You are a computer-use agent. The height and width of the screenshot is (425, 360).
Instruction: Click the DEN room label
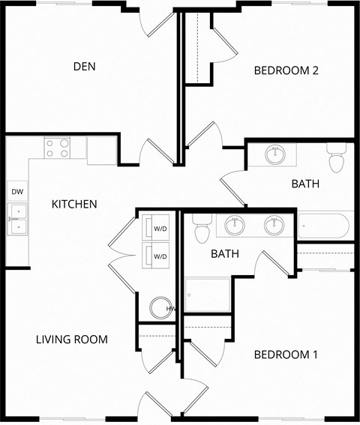coord(84,67)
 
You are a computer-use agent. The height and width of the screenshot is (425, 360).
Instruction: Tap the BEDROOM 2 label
coord(286,71)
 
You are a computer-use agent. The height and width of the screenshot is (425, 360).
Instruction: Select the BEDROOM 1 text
coord(286,355)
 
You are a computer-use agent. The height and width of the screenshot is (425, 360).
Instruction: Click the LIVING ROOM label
coord(71,340)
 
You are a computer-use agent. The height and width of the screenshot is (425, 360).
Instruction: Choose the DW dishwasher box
coord(17,193)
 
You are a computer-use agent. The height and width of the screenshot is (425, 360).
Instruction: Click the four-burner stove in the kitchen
coord(57,148)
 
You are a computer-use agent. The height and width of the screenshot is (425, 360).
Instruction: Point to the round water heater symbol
coord(160,308)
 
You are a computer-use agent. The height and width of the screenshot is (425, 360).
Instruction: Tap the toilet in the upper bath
coord(336,160)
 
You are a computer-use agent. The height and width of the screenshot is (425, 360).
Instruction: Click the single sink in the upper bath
coord(275,155)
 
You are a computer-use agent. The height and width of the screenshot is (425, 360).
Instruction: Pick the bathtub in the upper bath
coord(324,225)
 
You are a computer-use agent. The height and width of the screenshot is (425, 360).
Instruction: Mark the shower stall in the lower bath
coord(208,295)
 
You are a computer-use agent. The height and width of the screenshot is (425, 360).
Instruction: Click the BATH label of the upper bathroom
coord(305,184)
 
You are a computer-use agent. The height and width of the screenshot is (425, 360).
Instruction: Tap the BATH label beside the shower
coord(224,254)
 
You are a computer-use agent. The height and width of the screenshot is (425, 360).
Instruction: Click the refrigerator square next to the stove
coord(101,150)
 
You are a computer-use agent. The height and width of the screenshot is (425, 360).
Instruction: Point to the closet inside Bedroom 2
coord(196,49)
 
